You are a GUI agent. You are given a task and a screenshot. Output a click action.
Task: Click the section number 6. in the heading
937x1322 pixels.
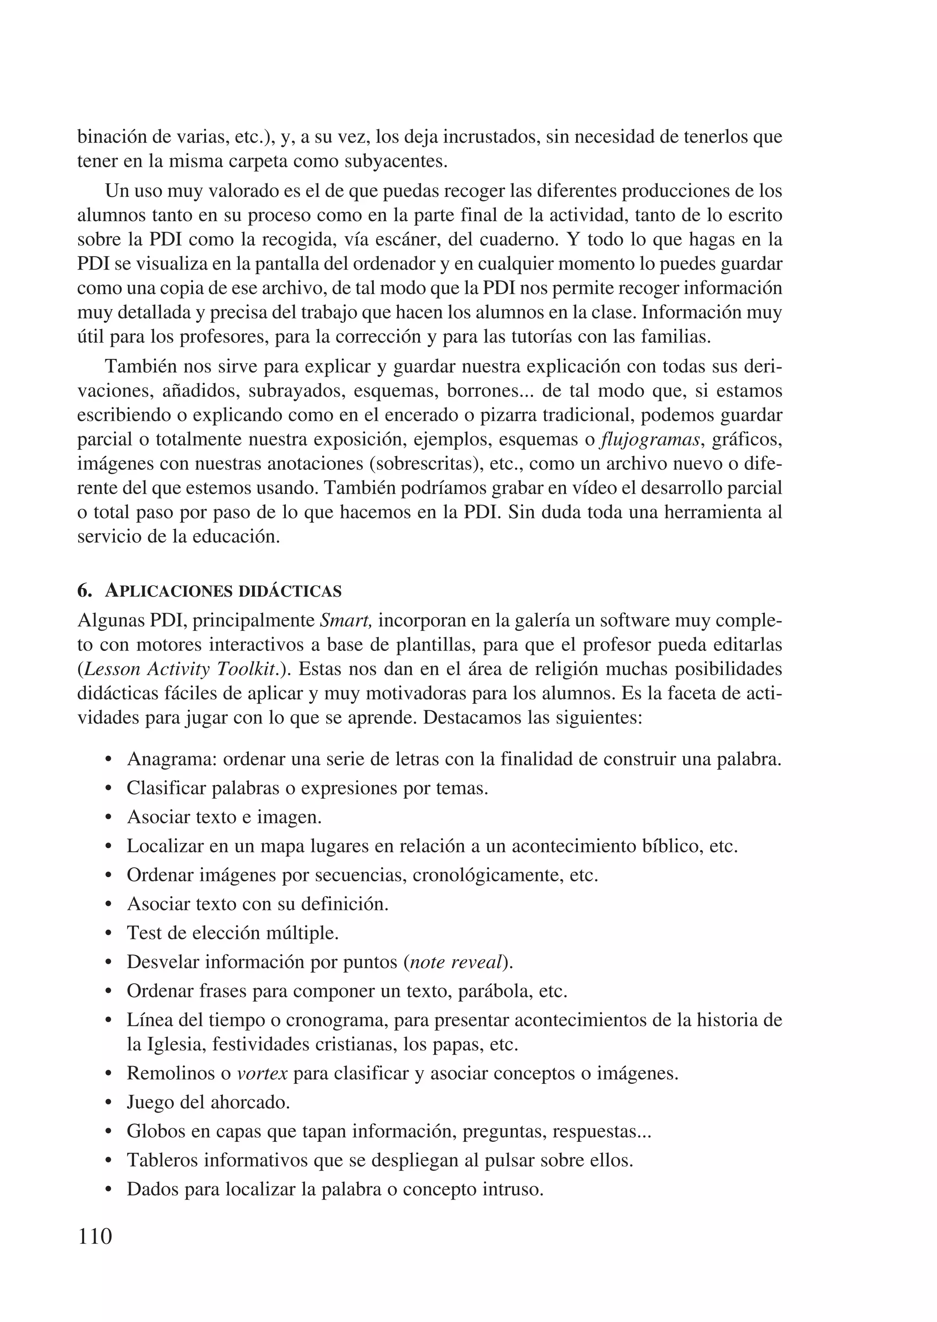coord(85,591)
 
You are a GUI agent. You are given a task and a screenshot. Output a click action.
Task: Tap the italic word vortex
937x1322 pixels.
coord(263,1073)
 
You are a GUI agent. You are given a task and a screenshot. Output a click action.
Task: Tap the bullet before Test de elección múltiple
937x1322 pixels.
coord(109,934)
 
